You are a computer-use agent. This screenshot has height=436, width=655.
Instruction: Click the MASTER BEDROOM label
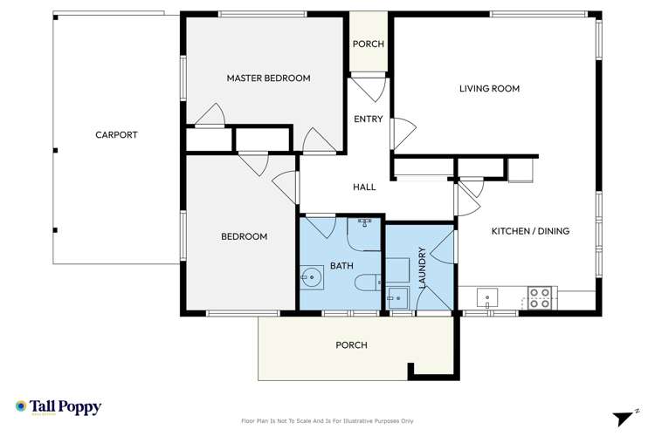point(268,78)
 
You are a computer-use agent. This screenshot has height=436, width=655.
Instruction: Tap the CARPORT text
point(116,135)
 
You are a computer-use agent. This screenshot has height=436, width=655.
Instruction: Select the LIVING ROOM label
point(490,88)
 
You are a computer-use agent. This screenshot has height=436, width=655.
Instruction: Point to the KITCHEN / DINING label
point(530,231)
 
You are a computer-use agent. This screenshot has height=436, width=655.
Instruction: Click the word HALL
point(364,187)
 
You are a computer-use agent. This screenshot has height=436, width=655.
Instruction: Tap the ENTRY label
point(368,119)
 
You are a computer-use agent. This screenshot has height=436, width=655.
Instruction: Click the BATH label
point(341,266)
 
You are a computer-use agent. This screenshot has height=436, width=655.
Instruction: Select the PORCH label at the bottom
point(352,345)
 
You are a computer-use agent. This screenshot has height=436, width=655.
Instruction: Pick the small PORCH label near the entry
point(368,44)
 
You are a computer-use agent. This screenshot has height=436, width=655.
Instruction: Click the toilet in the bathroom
point(368,282)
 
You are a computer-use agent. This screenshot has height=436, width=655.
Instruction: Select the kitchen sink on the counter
point(487,297)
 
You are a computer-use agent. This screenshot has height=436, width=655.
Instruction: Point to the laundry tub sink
point(397,296)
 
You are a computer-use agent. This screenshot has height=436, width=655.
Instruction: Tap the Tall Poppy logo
point(59,407)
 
